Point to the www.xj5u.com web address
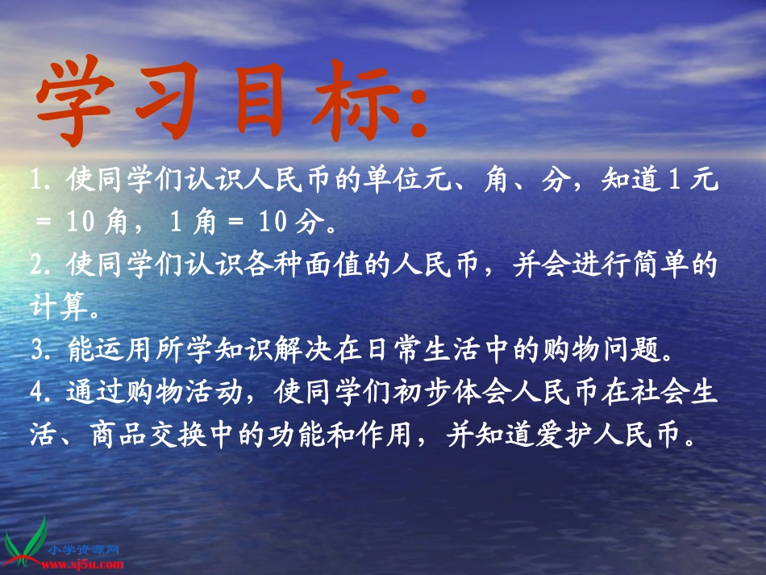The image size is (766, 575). (x=89, y=565)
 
